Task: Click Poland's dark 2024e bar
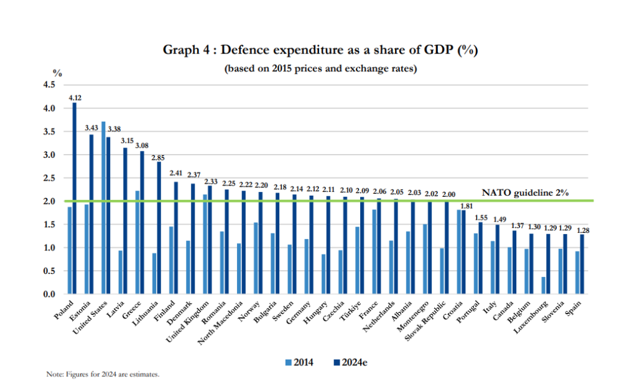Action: pyautogui.click(x=75, y=199)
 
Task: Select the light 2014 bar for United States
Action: pyautogui.click(x=103, y=208)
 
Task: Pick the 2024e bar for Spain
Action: pyautogui.click(x=582, y=264)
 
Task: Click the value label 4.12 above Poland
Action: pyautogui.click(x=75, y=97)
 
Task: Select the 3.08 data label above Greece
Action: pyautogui.click(x=142, y=146)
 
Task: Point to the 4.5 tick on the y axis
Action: pyautogui.click(x=50, y=85)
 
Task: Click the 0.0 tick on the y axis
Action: pyautogui.click(x=50, y=294)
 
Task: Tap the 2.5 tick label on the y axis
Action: pyautogui.click(x=50, y=178)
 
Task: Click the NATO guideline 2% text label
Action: pyautogui.click(x=526, y=193)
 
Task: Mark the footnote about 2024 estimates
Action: pyautogui.click(x=103, y=374)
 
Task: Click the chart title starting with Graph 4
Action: pyautogui.click(x=320, y=50)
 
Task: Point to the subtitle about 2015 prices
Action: pyautogui.click(x=320, y=68)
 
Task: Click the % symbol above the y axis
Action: pyautogui.click(x=57, y=73)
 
